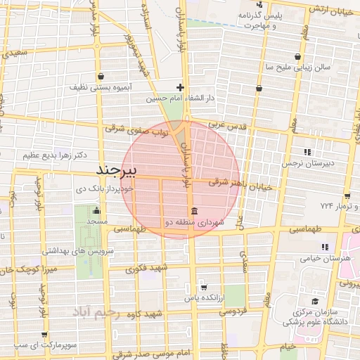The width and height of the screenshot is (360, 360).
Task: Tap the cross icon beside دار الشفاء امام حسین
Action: [181, 88]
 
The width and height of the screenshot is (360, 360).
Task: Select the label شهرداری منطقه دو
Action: [194, 222]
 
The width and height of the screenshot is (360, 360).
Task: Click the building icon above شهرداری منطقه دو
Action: [194, 212]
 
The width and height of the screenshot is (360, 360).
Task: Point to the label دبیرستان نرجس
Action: [308, 162]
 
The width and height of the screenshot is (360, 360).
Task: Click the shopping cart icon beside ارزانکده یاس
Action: [202, 287]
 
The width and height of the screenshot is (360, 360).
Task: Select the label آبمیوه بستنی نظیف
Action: [98, 87]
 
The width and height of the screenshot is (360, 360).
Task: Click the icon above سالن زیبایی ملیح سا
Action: [299, 57]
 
